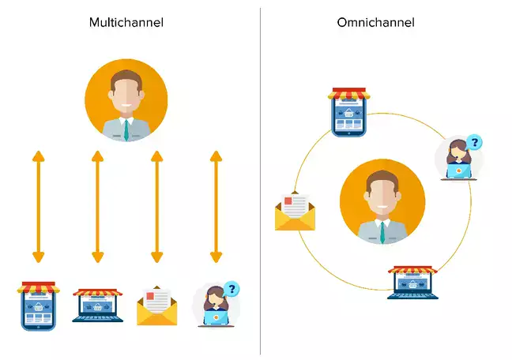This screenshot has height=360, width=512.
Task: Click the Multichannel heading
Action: point(126,22)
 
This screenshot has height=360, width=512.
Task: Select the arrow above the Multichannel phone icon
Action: point(37,206)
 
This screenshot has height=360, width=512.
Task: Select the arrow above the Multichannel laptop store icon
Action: point(97,206)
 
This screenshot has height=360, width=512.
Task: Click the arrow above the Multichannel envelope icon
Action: point(156,206)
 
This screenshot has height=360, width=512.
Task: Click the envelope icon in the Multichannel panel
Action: point(157,308)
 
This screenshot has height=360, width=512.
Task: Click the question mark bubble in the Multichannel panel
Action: point(231,289)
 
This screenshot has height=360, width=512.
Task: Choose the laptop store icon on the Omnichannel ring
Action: point(412,283)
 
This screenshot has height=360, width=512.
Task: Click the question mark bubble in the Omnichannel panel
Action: point(474,143)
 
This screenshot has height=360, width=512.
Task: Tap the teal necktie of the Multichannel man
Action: point(126,130)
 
